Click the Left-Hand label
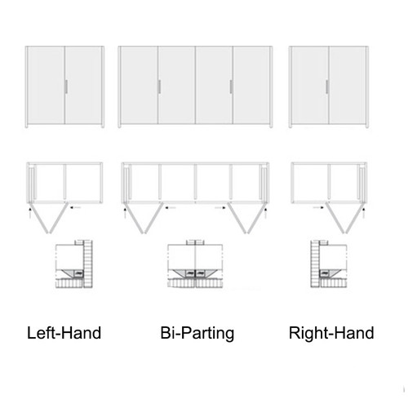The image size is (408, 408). click(x=64, y=334)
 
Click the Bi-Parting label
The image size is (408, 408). click(x=197, y=334)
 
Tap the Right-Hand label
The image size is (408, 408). click(x=331, y=334)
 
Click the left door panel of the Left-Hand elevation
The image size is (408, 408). click(x=46, y=85)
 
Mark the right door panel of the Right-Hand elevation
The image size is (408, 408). click(x=347, y=85)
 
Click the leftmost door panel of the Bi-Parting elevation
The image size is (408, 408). click(x=139, y=85)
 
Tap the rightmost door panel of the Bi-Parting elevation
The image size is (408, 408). click(x=253, y=85)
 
